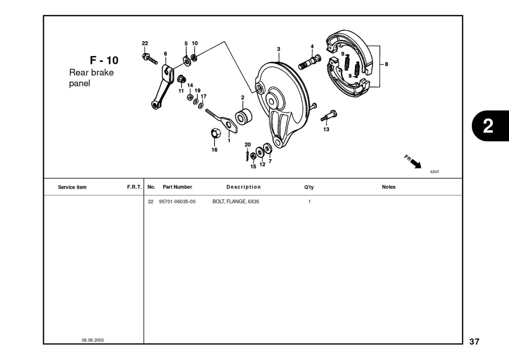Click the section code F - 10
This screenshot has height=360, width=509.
pyautogui.click(x=104, y=60)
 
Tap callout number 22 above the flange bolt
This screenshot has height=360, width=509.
pyautogui.click(x=145, y=43)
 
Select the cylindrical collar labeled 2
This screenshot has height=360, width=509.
pyautogui.click(x=244, y=116)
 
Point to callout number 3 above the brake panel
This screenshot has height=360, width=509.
pyautogui.click(x=278, y=49)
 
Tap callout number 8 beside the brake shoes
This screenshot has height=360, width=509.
pyautogui.click(x=386, y=64)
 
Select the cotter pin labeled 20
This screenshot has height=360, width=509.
pyautogui.click(x=247, y=155)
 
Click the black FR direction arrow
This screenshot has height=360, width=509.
pyautogui.click(x=415, y=163)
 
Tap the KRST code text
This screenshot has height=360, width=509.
pyautogui.click(x=434, y=172)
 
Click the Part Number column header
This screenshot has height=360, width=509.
pyautogui.click(x=177, y=187)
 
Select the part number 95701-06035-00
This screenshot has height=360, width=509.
pyautogui.click(x=177, y=202)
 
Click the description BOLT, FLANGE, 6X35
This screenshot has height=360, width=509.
pyautogui.click(x=236, y=202)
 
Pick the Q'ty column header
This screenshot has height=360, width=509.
pyautogui.click(x=309, y=187)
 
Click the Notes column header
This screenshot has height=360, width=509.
pyautogui.click(x=388, y=187)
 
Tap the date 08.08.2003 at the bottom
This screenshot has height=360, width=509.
pyautogui.click(x=93, y=340)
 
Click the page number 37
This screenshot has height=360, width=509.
pyautogui.click(x=474, y=342)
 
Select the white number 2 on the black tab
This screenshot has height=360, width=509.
pyautogui.click(x=488, y=126)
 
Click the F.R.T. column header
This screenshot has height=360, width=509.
pyautogui.click(x=134, y=187)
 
